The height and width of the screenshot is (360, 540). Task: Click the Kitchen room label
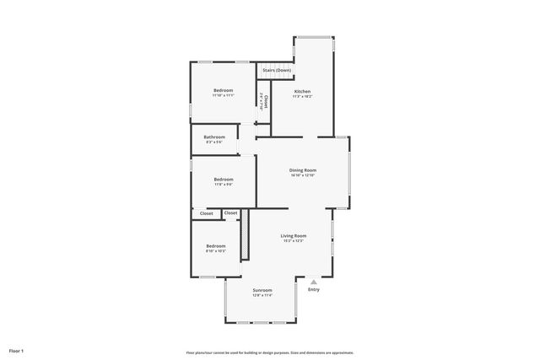tap(302, 91)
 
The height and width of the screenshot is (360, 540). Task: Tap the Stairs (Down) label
tap(277, 70)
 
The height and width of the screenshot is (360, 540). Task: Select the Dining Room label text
tap(303, 170)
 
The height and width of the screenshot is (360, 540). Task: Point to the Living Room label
tap(294, 236)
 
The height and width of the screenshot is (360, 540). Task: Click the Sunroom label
tap(262, 290)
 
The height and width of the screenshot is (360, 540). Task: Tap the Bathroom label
tap(214, 137)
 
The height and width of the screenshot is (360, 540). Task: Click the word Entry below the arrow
tap(314, 290)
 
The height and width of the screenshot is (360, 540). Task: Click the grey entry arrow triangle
tap(314, 282)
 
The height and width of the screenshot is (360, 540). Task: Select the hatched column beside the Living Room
tap(244, 236)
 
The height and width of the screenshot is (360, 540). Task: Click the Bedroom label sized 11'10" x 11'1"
tap(223, 90)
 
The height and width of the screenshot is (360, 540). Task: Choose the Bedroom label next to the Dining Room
tap(223, 179)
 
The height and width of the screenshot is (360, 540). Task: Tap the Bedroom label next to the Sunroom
tap(216, 246)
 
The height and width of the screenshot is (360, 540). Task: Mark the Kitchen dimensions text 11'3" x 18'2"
tap(302, 97)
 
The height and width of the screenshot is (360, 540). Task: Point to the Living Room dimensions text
tap(294, 242)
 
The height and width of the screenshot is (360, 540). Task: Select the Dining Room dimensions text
tap(303, 176)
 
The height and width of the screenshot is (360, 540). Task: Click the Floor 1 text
tap(17, 350)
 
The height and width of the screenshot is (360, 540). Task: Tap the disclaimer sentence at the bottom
tap(270, 352)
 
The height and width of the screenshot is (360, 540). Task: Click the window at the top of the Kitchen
tap(314, 36)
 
